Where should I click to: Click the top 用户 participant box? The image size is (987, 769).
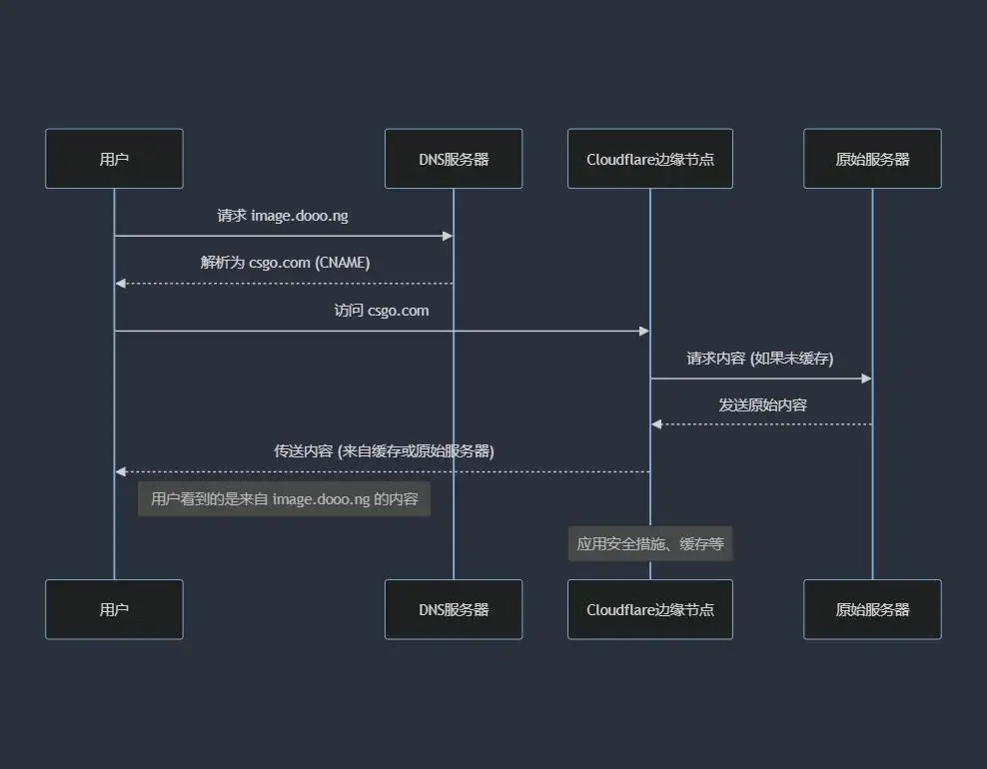tap(114, 159)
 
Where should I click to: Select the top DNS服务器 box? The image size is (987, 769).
tap(454, 159)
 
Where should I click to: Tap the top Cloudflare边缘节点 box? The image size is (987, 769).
tap(650, 159)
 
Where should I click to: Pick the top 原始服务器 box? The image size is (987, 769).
tap(872, 159)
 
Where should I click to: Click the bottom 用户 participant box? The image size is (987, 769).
tap(114, 609)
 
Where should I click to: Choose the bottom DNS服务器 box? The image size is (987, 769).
tap(454, 609)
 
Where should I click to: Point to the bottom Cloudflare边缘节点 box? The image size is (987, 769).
tap(650, 609)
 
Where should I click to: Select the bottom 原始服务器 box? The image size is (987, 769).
tap(872, 609)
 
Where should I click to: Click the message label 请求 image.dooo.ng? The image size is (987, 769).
tap(283, 216)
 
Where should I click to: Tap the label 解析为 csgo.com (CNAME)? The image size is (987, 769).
tap(285, 263)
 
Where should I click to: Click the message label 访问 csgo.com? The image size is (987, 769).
tap(382, 311)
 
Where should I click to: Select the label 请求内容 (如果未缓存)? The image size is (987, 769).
tap(760, 358)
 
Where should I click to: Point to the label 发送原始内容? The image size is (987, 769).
tap(762, 405)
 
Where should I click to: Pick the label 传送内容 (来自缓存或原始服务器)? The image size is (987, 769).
tap(384, 451)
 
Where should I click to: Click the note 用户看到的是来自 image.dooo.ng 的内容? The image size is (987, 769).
tap(284, 499)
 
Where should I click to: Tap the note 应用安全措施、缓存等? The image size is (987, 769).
tap(650, 544)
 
